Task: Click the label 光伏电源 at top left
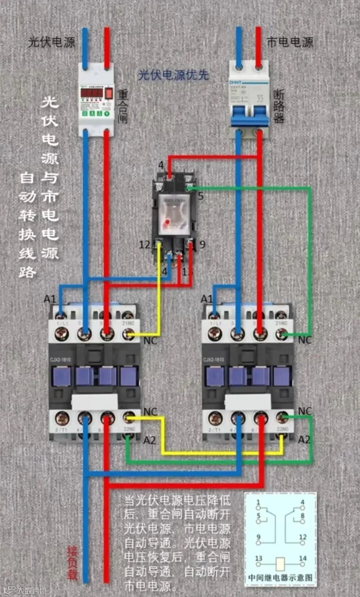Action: [52, 42]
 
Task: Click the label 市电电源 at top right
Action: [290, 42]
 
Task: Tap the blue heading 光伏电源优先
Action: [173, 75]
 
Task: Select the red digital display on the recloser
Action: [91, 93]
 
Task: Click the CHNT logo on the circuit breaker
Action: [236, 82]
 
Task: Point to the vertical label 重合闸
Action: [123, 107]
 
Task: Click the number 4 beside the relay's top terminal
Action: [161, 165]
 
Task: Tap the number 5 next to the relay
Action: [200, 196]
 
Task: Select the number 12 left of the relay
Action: [144, 245]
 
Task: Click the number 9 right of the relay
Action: [202, 245]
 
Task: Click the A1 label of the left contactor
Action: [50, 299]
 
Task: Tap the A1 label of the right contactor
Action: [206, 299]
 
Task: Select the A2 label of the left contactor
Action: [149, 440]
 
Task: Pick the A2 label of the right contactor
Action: [304, 440]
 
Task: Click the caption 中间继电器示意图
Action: [280, 577]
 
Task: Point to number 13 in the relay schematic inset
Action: [259, 558]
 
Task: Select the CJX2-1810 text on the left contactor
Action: [60, 360]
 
